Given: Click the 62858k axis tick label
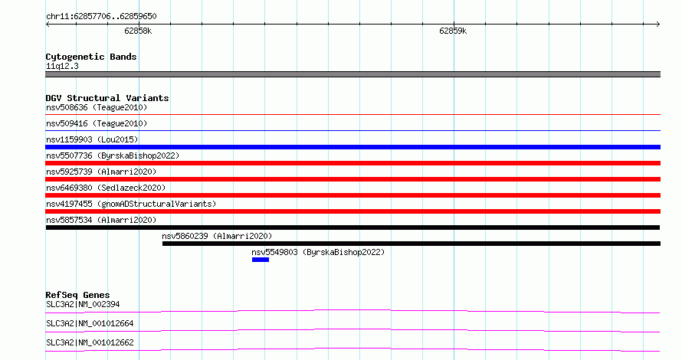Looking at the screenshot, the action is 138,31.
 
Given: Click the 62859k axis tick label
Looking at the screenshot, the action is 453,31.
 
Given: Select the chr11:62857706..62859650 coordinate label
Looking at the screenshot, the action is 101,17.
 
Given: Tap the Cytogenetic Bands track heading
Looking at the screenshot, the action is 91,57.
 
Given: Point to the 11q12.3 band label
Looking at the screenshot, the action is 62,66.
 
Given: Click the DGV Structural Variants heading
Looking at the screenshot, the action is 107,98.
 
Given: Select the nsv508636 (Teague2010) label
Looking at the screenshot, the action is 97,107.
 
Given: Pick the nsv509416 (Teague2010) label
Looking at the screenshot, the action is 97,123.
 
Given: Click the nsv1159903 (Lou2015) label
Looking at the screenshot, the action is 92,139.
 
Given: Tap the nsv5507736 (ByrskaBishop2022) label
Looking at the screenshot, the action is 113,155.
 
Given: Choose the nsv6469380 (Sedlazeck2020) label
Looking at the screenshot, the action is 106,188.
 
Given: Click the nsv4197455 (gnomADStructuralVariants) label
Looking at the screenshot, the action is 131,204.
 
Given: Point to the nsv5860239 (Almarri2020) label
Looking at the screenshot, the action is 217,236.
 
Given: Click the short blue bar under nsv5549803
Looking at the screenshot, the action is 261,260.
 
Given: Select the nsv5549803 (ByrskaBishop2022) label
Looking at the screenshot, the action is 318,252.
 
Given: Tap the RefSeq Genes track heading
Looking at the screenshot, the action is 77,295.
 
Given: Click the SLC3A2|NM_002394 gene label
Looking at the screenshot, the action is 83,304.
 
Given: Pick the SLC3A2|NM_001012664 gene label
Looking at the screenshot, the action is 90,323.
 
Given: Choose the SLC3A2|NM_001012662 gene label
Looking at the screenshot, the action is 90,342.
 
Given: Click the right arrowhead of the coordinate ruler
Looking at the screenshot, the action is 659,25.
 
